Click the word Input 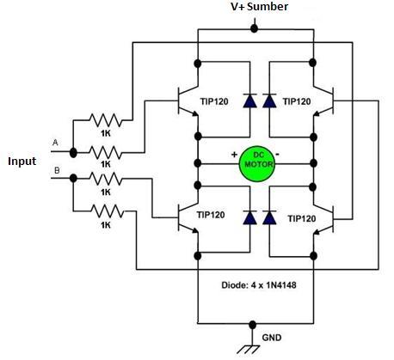point(24,161)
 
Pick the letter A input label point(57,142)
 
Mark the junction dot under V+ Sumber point(253,28)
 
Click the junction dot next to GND point(252,325)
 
